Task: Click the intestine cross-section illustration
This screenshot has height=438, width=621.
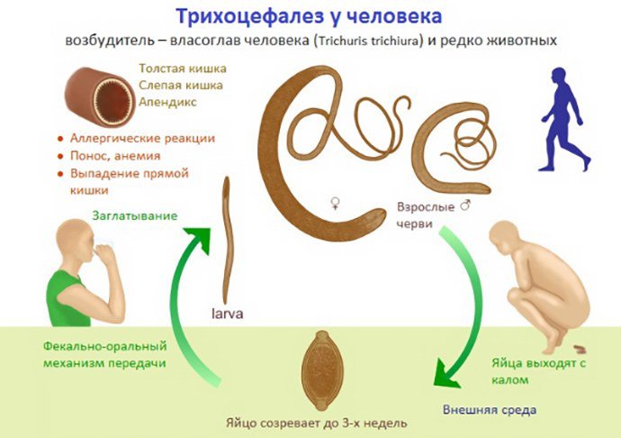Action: (100, 96)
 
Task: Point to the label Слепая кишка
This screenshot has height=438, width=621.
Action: (181, 86)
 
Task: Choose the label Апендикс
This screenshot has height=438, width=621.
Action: (167, 103)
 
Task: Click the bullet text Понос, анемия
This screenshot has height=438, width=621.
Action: (115, 156)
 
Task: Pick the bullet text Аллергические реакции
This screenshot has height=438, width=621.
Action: (142, 138)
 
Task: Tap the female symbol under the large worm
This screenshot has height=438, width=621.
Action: (335, 204)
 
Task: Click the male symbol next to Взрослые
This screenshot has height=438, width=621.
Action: (465, 205)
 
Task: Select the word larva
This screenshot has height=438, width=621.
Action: (228, 314)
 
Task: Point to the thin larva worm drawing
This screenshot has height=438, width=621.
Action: (227, 241)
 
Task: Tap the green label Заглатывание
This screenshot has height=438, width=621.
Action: (135, 215)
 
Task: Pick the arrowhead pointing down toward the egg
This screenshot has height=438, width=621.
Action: (446, 371)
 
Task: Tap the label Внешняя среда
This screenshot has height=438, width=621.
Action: (490, 409)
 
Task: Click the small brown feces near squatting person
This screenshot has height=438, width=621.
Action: (580, 349)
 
